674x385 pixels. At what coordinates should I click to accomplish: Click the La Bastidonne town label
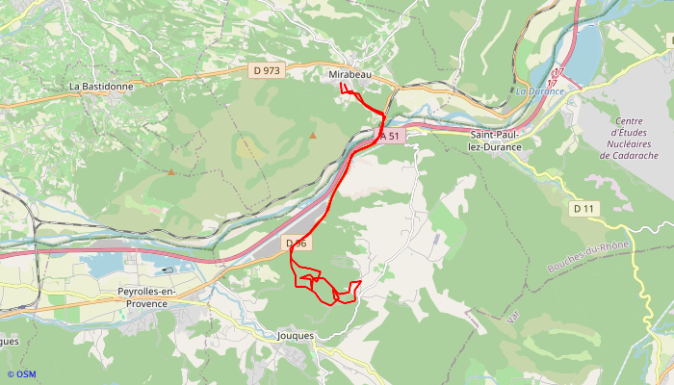click(101, 86)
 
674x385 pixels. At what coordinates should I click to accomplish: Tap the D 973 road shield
click(268, 70)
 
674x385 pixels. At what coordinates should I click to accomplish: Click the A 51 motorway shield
click(388, 137)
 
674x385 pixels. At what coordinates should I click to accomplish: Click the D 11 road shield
click(583, 209)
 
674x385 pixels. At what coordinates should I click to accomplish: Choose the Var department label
click(511, 315)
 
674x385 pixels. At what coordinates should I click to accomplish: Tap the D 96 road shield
click(296, 244)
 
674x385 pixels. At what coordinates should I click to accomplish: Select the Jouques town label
click(296, 336)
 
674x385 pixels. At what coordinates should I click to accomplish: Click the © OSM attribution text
click(21, 374)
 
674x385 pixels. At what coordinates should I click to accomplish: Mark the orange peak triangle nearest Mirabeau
click(313, 135)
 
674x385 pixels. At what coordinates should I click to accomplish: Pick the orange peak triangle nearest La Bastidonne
click(171, 172)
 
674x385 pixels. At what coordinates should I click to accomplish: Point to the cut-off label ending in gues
click(9, 341)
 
